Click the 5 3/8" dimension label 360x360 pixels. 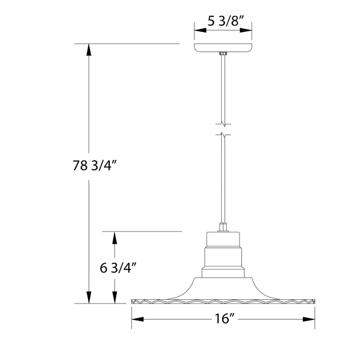[222, 21]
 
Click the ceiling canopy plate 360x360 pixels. [223, 48]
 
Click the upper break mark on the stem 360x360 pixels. [223, 124]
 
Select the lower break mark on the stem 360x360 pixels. [223, 136]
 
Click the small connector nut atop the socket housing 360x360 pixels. [223, 227]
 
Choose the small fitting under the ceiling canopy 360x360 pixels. [223, 53]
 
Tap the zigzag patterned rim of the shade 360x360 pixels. [223, 300]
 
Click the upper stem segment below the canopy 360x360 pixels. [223, 87]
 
